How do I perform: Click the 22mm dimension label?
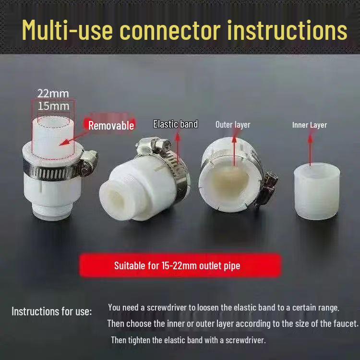pos(53,93)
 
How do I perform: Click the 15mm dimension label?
pos(53,106)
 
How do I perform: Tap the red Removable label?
pos(111,125)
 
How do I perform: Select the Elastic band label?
pos(175,124)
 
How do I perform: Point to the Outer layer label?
pos(233,125)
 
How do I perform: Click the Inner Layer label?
pos(310,125)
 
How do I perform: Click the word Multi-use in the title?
pos(68,30)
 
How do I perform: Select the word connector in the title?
pos(170,30)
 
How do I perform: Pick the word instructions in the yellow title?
pos(287,30)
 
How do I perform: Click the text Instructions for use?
pos(51,311)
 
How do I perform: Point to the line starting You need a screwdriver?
pos(223,307)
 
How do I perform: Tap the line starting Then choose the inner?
pos(232,324)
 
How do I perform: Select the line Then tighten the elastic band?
pos(188,340)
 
